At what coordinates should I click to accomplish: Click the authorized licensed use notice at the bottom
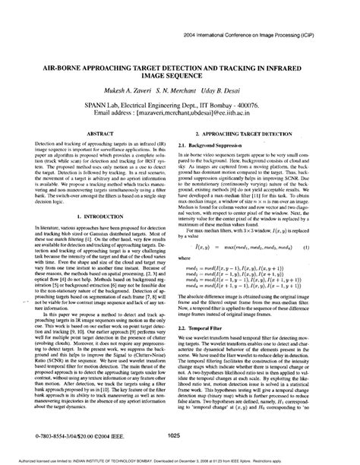pos(179,460)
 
